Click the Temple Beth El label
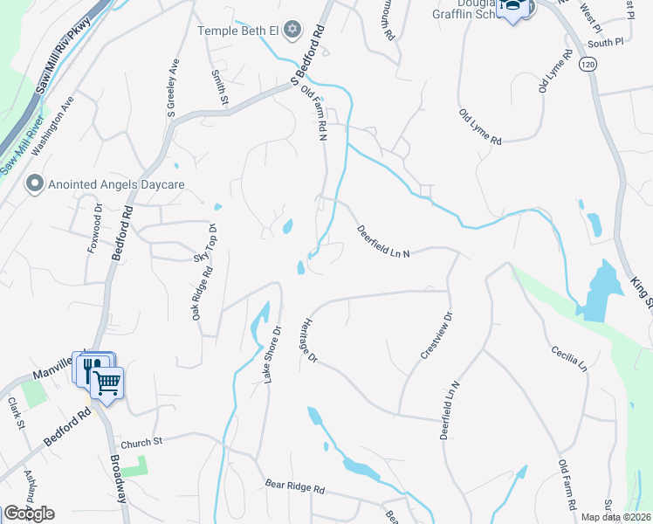[237, 31]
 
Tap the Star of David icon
[292, 31]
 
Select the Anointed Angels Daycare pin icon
[34, 184]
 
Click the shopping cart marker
[107, 381]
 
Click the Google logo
[29, 514]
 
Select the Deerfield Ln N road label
[383, 242]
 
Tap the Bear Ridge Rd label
[295, 489]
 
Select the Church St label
[143, 443]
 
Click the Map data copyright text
[617, 517]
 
